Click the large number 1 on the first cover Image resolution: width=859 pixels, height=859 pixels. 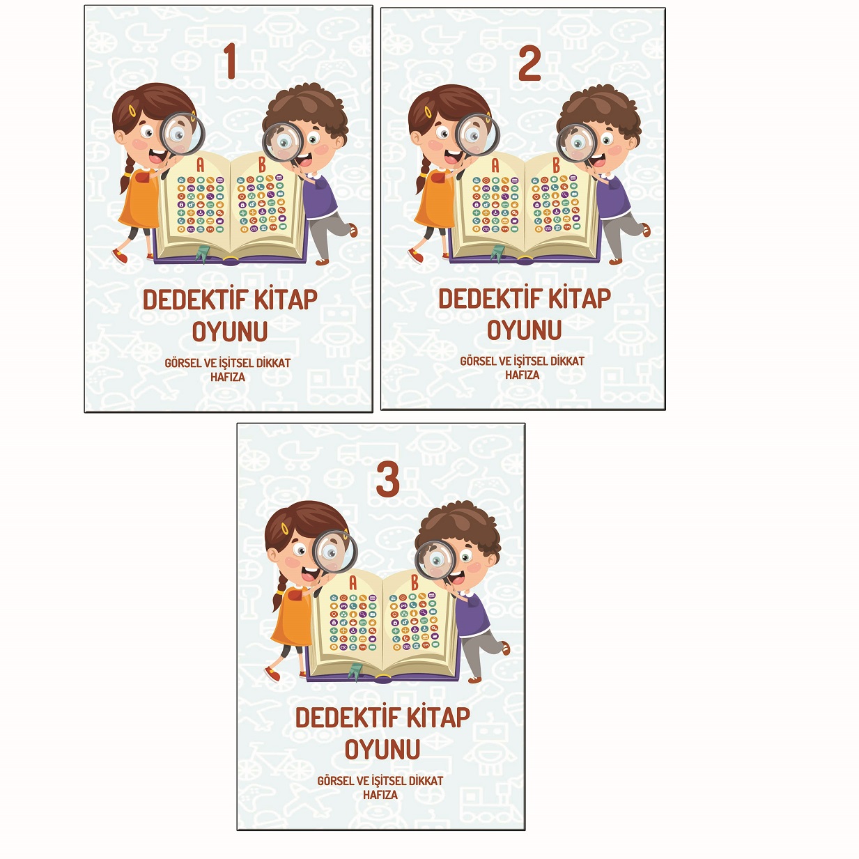230,61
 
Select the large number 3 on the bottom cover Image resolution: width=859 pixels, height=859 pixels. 387,479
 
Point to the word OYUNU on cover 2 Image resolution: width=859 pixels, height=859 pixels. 524,330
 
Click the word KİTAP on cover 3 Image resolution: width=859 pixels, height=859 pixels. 438,717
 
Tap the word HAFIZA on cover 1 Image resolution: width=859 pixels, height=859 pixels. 228,377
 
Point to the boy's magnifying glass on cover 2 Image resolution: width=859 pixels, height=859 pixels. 577,144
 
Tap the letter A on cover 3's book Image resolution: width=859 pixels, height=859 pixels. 353,582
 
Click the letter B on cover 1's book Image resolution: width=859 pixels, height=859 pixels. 262,164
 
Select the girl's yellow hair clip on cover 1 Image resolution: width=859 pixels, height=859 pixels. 132,111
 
